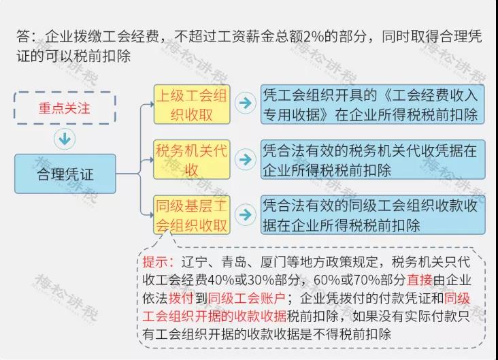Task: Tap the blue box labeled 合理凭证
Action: tap(65, 174)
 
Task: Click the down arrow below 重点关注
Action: tap(65, 139)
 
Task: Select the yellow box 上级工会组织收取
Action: tap(192, 104)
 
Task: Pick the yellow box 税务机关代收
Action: tap(192, 159)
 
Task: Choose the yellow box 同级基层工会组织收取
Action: tap(192, 215)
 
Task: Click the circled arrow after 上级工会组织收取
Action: tap(245, 103)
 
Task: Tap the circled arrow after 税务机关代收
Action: tap(245, 159)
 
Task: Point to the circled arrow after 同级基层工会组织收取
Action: tap(245, 215)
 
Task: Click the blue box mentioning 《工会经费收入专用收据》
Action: tap(373, 104)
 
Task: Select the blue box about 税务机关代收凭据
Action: tap(373, 159)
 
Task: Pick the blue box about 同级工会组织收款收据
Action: tap(373, 215)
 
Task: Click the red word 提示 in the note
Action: tap(155, 262)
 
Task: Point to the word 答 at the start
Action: tap(23, 37)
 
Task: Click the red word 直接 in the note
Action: tap(420, 280)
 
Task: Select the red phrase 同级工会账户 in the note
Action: tap(246, 298)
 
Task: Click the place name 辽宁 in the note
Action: tap(194, 262)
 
